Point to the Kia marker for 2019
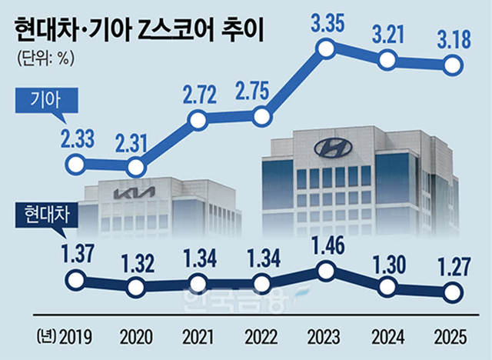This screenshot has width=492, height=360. pyautogui.click(x=75, y=164)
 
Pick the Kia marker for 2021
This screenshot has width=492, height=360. pyautogui.click(x=198, y=119)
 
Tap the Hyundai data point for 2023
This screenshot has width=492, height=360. pyautogui.click(x=326, y=270)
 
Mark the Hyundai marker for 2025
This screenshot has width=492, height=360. pyautogui.click(x=453, y=291)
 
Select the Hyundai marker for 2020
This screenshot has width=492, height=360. pyautogui.click(x=136, y=287)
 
